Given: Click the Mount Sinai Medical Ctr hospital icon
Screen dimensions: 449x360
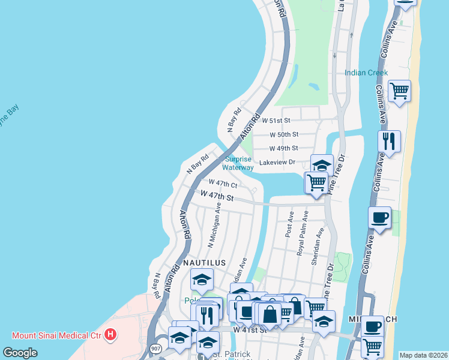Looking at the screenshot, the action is click(x=110, y=334).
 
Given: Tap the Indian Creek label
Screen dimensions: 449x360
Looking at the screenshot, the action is click(x=366, y=73).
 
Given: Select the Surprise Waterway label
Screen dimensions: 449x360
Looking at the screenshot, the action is click(x=238, y=163).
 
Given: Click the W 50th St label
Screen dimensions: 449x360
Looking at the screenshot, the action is click(x=284, y=135).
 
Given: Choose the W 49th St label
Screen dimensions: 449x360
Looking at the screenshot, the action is click(x=284, y=148).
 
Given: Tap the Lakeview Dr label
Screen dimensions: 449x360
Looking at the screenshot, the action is click(x=277, y=162).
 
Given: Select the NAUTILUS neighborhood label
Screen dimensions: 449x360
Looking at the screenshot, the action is click(x=204, y=263).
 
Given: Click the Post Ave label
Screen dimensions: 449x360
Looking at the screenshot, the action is click(x=290, y=224).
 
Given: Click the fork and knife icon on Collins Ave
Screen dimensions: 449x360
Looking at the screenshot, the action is click(x=390, y=142).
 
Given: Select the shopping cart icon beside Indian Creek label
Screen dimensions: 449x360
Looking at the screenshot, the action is click(x=399, y=92).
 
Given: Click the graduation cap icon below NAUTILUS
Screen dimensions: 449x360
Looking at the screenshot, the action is click(x=202, y=280).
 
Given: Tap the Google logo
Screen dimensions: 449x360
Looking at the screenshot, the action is click(x=20, y=353).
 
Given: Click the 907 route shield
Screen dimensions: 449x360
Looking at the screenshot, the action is click(x=156, y=348).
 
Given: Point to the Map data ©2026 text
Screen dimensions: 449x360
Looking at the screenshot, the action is click(x=423, y=355).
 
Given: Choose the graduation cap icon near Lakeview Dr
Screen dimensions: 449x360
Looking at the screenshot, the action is click(x=322, y=165).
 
